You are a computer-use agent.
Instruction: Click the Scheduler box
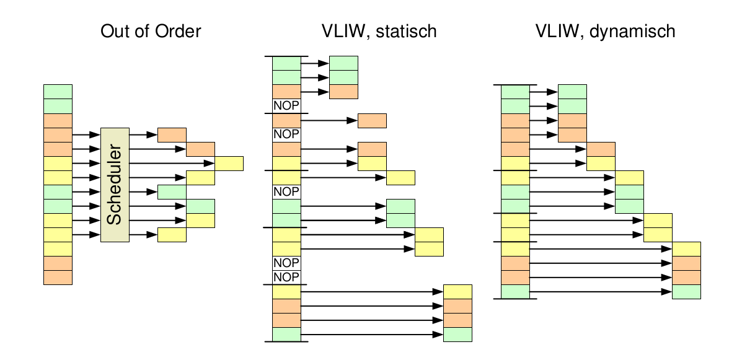114,185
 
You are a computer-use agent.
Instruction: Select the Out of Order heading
151,31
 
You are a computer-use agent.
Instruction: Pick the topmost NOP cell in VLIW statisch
286,105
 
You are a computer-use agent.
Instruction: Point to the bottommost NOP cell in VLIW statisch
286,277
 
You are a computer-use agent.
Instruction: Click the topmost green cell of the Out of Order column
58,92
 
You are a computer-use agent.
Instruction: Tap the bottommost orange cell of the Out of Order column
58,278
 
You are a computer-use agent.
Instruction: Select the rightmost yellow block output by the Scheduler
229,164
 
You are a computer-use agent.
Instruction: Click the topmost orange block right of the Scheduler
172,134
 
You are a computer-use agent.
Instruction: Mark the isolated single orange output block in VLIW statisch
372,121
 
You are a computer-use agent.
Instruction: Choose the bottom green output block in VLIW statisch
457,335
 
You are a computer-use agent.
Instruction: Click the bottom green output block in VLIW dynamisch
686,292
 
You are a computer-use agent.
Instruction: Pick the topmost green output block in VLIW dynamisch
572,92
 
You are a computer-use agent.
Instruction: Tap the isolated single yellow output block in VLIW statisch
400,178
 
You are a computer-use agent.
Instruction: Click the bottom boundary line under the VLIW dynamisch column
515,299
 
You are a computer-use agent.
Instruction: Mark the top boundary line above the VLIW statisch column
286,56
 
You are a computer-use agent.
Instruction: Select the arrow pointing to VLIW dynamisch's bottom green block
601,292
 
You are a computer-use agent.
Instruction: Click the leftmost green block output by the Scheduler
172,192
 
